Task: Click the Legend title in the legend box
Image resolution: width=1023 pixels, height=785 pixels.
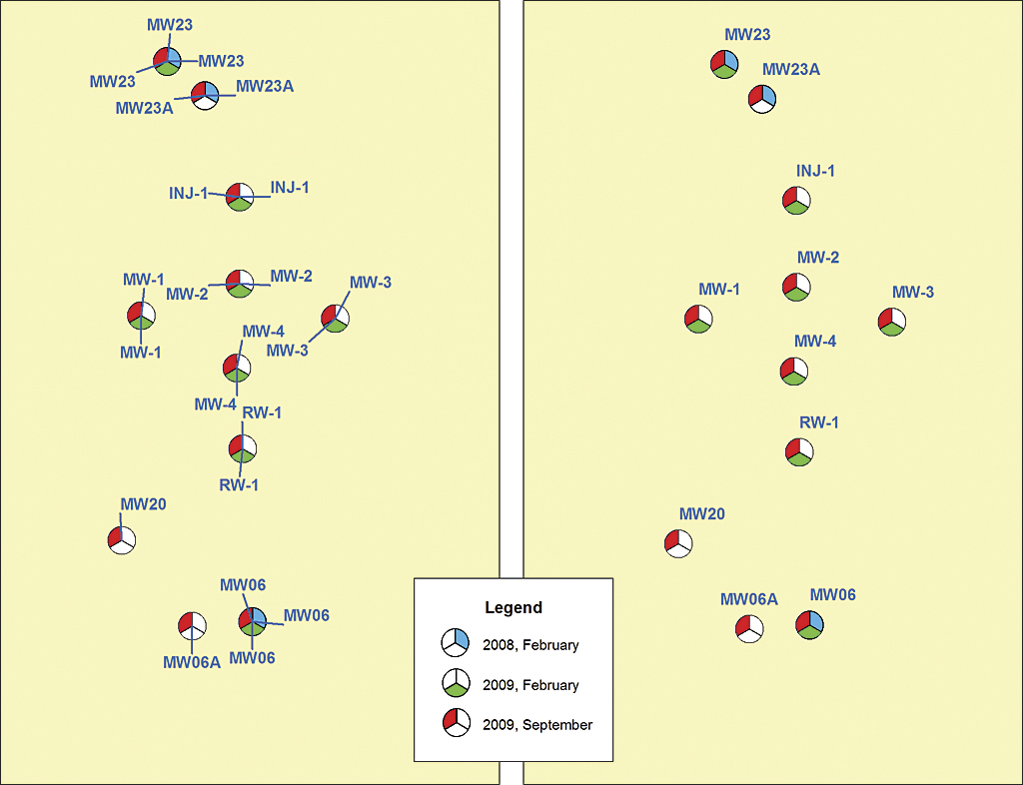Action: pyautogui.click(x=513, y=607)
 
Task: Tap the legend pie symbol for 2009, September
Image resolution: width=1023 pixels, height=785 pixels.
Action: pyautogui.click(x=456, y=723)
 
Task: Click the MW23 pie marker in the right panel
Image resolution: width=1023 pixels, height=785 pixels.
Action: pyautogui.click(x=724, y=65)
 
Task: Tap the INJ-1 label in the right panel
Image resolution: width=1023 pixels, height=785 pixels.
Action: pyautogui.click(x=815, y=171)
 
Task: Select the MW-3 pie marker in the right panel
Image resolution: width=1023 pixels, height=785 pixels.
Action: pyautogui.click(x=891, y=322)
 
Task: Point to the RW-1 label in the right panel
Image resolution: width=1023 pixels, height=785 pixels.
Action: pyautogui.click(x=819, y=422)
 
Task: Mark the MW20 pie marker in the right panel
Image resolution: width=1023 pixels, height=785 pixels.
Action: pyautogui.click(x=678, y=543)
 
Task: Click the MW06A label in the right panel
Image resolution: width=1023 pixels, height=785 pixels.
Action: pyautogui.click(x=749, y=599)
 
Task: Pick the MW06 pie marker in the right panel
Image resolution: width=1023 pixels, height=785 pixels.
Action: pyautogui.click(x=809, y=625)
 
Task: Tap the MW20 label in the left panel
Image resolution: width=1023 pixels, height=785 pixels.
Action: pyautogui.click(x=143, y=504)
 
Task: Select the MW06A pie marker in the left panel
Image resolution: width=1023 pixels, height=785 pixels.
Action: pyautogui.click(x=192, y=625)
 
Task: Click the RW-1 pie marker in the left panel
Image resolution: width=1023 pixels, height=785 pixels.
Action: pyautogui.click(x=242, y=448)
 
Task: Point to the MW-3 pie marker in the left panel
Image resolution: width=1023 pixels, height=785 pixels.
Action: pyautogui.click(x=335, y=319)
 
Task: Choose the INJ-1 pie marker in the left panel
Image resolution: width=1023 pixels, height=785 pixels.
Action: pyautogui.click(x=240, y=196)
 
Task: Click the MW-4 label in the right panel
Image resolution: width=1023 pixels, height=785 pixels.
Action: pyautogui.click(x=815, y=342)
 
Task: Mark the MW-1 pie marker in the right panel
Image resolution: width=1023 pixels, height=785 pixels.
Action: pyautogui.click(x=698, y=319)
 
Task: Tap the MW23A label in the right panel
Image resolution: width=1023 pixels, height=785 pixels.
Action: pyautogui.click(x=791, y=70)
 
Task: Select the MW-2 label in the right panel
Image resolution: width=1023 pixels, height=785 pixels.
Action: pyautogui.click(x=818, y=258)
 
